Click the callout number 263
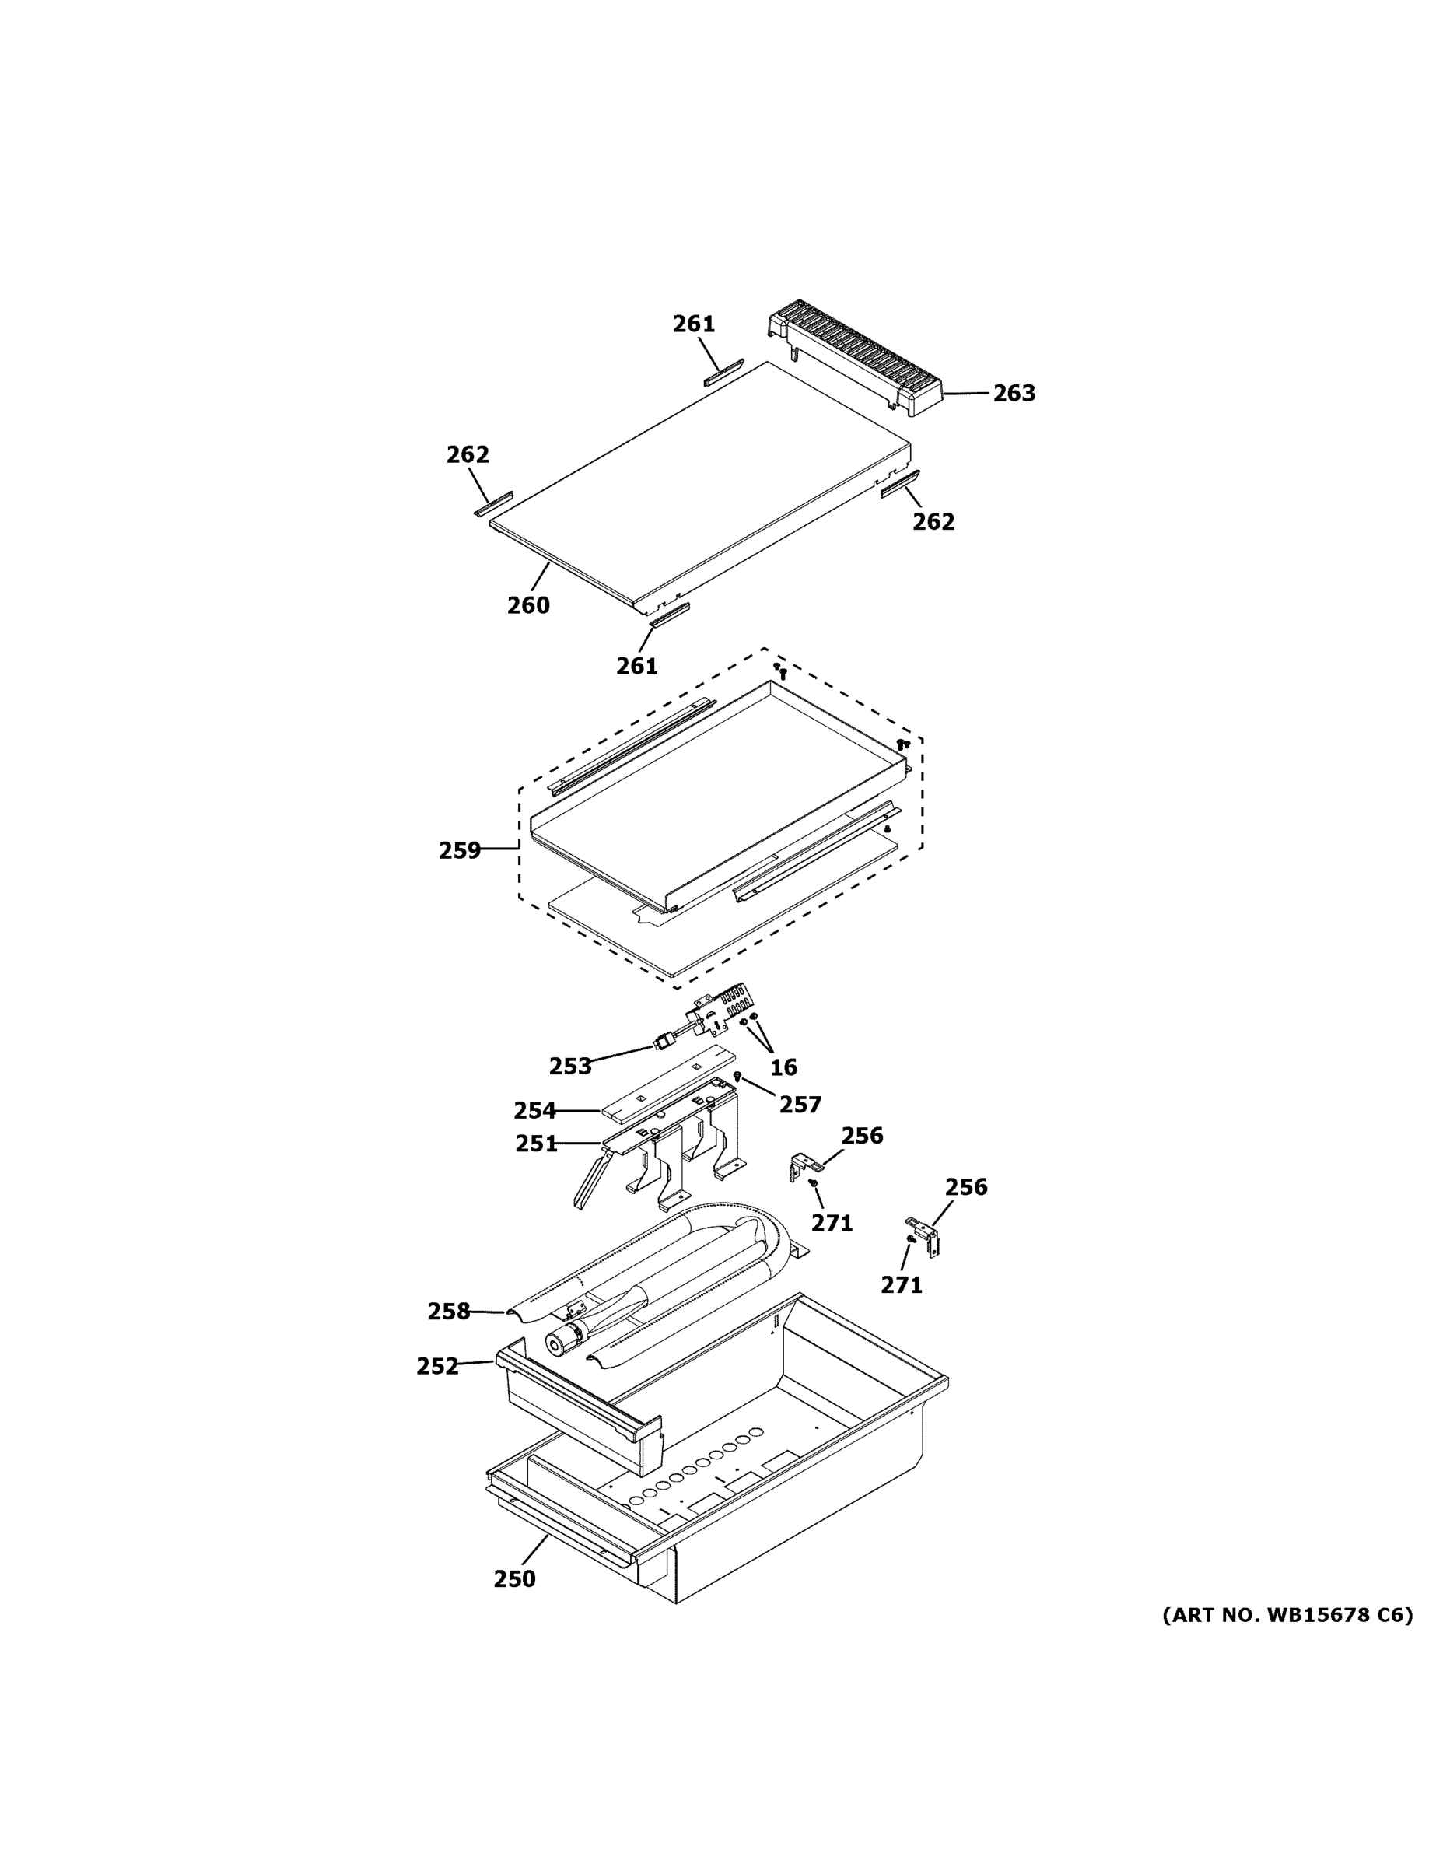[x=1014, y=393]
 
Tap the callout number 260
[x=528, y=605]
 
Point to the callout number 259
[x=460, y=850]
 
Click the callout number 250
[x=515, y=1579]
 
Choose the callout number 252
[x=438, y=1367]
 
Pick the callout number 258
[x=449, y=1312]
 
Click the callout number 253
[x=570, y=1066]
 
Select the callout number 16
[x=783, y=1067]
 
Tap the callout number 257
[x=800, y=1105]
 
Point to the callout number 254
[x=534, y=1110]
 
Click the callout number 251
[x=536, y=1144]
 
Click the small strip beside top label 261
[x=723, y=373]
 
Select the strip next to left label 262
[x=493, y=504]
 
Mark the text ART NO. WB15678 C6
[x=1287, y=1615]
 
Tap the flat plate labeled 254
[x=667, y=1086]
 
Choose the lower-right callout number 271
[x=902, y=1308]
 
